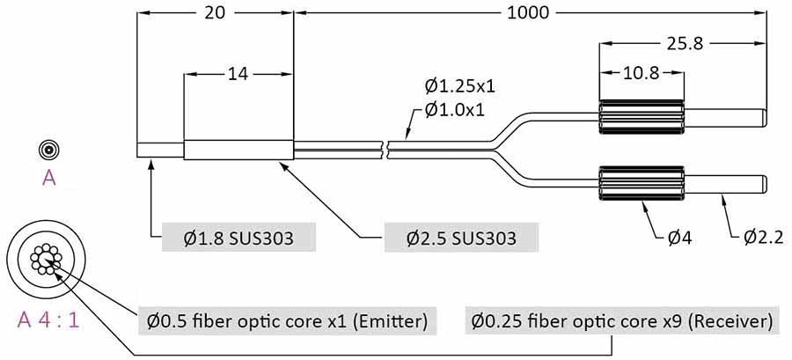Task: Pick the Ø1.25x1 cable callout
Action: coord(459,86)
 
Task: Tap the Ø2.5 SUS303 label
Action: coord(461,238)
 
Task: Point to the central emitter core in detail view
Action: coord(42,258)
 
